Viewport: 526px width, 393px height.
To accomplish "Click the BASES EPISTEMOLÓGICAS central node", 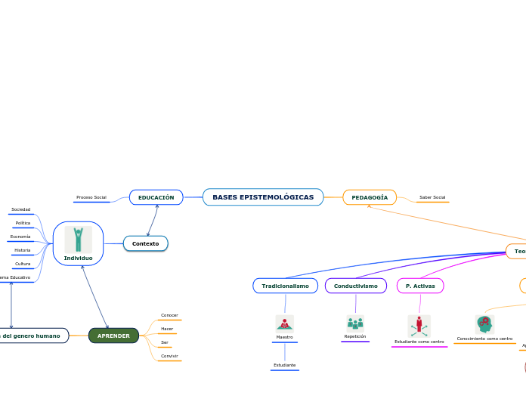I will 263,197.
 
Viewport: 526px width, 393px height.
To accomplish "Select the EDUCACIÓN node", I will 156,197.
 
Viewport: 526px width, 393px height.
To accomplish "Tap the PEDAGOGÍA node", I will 370,197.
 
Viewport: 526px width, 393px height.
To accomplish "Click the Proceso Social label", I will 91,197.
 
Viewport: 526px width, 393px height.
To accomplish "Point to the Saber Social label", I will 432,197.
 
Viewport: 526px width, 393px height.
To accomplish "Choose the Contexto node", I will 145,243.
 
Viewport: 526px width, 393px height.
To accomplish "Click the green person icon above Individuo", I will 78,239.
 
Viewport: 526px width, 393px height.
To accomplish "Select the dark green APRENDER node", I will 113,336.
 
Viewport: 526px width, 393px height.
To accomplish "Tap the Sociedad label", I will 21,209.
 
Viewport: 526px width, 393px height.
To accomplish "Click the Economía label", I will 20,237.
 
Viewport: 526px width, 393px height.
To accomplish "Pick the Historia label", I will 23,250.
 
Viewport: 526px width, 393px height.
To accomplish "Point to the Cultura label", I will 23,264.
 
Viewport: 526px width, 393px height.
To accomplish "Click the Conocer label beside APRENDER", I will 169,315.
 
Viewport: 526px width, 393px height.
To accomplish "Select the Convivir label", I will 169,356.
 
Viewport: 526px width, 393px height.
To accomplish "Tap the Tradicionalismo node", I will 285,286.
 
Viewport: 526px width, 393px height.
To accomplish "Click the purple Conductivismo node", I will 355,286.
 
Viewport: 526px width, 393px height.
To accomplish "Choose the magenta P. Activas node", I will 420,286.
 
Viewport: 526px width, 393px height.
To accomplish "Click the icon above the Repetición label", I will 355,323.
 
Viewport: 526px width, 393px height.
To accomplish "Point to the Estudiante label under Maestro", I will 285,365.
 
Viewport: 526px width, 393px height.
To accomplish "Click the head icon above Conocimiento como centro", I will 484,324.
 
